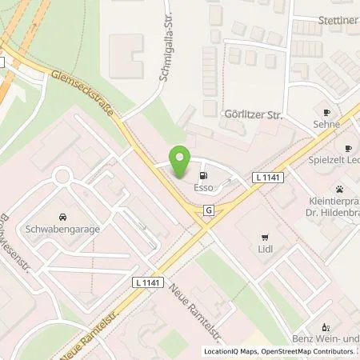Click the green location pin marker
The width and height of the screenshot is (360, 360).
pyautogui.click(x=181, y=160)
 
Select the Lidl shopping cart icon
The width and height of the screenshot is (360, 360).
pyautogui.click(x=264, y=238)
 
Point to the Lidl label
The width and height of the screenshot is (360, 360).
pyautogui.click(x=265, y=253)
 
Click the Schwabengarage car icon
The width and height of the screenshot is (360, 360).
pyautogui.click(x=62, y=216)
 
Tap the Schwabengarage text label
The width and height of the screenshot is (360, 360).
pyautogui.click(x=62, y=230)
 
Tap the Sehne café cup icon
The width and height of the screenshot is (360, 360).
pyautogui.click(x=326, y=112)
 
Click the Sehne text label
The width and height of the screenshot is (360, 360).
pyautogui.click(x=326, y=125)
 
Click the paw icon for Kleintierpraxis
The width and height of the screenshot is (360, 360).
pyautogui.click(x=341, y=190)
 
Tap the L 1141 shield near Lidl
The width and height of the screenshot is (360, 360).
pyautogui.click(x=266, y=176)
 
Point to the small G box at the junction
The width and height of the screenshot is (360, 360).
pyautogui.click(x=208, y=210)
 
